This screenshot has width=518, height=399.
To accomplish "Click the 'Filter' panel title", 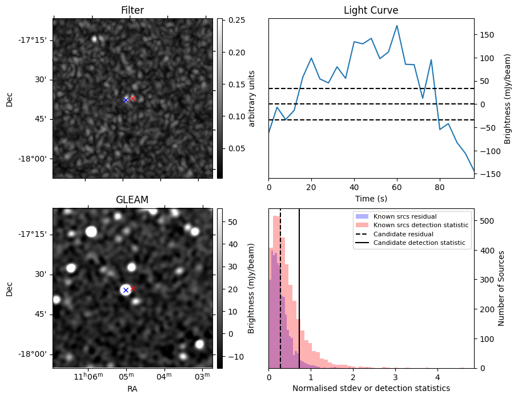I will coord(132,10).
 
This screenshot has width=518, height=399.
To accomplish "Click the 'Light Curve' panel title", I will coord(371,10).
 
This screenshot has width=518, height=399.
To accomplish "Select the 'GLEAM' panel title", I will coord(132,200).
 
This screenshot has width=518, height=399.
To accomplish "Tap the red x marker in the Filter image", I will coord(132,98).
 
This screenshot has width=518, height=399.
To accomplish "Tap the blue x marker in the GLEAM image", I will coord(126,290).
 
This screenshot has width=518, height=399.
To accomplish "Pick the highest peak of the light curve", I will coord(397,26).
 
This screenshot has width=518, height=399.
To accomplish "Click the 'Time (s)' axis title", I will coord(371,198).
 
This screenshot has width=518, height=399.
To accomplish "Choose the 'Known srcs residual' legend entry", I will coord(405,216).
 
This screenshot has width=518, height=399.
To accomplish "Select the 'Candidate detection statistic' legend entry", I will coord(419,243).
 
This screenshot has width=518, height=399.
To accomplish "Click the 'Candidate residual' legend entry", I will coord(403,234).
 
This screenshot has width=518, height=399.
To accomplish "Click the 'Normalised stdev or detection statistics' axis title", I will coord(371,388).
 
